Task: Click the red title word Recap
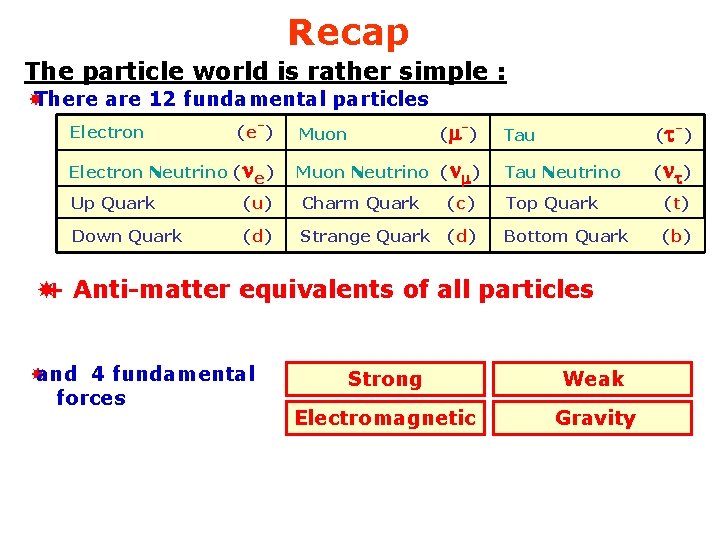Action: (348, 33)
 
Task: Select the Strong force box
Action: (385, 379)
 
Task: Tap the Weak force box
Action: (593, 379)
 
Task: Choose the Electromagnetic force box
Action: (385, 418)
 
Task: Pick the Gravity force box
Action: (595, 418)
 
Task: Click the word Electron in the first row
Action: (107, 132)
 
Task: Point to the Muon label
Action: (323, 134)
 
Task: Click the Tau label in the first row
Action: (519, 134)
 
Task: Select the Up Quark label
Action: (113, 203)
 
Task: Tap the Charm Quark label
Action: (360, 203)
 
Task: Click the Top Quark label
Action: (551, 203)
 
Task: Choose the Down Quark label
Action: (127, 236)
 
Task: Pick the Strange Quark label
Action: (365, 236)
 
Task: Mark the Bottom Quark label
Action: (566, 236)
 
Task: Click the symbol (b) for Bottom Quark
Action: (677, 236)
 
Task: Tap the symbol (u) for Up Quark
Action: (257, 203)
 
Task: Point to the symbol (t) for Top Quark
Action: (677, 203)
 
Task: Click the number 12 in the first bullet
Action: (161, 99)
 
